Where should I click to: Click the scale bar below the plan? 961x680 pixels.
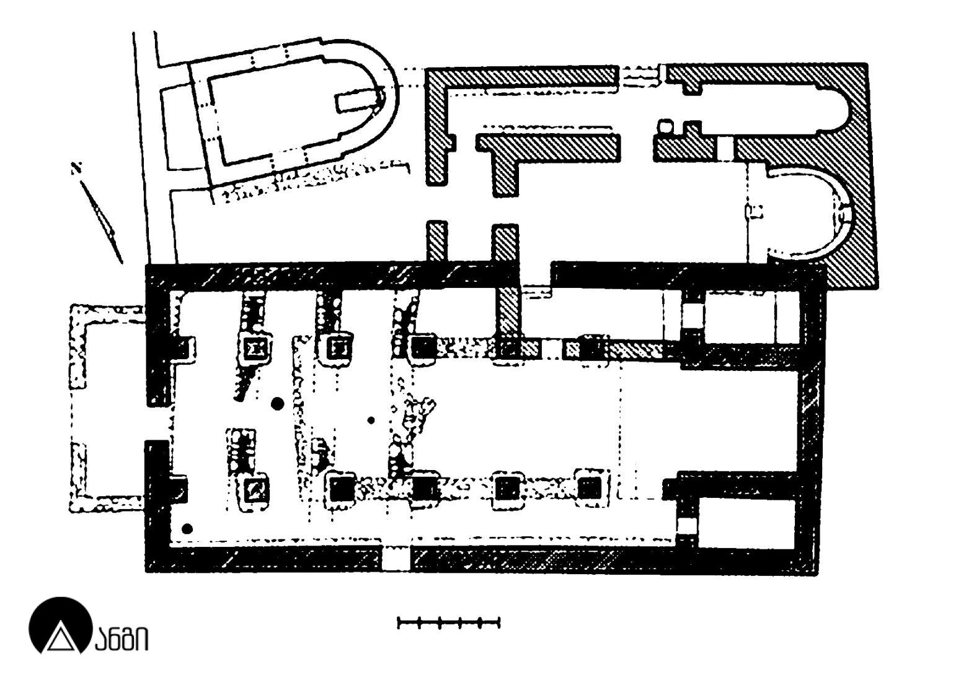[x=448, y=622]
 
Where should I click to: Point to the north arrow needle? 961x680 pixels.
[x=102, y=221]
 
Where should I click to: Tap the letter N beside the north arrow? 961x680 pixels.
[x=76, y=168]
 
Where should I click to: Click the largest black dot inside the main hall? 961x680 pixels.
[x=277, y=403]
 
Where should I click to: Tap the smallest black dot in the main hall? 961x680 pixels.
[x=371, y=421]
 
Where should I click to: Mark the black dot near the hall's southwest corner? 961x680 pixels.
[x=187, y=529]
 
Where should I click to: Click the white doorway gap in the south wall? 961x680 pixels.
[x=396, y=559]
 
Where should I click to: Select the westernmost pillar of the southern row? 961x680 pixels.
[x=257, y=489]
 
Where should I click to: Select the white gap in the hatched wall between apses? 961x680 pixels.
[x=724, y=148]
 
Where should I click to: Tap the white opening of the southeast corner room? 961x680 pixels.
[x=686, y=526]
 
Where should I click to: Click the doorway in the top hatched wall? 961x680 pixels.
[x=640, y=77]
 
